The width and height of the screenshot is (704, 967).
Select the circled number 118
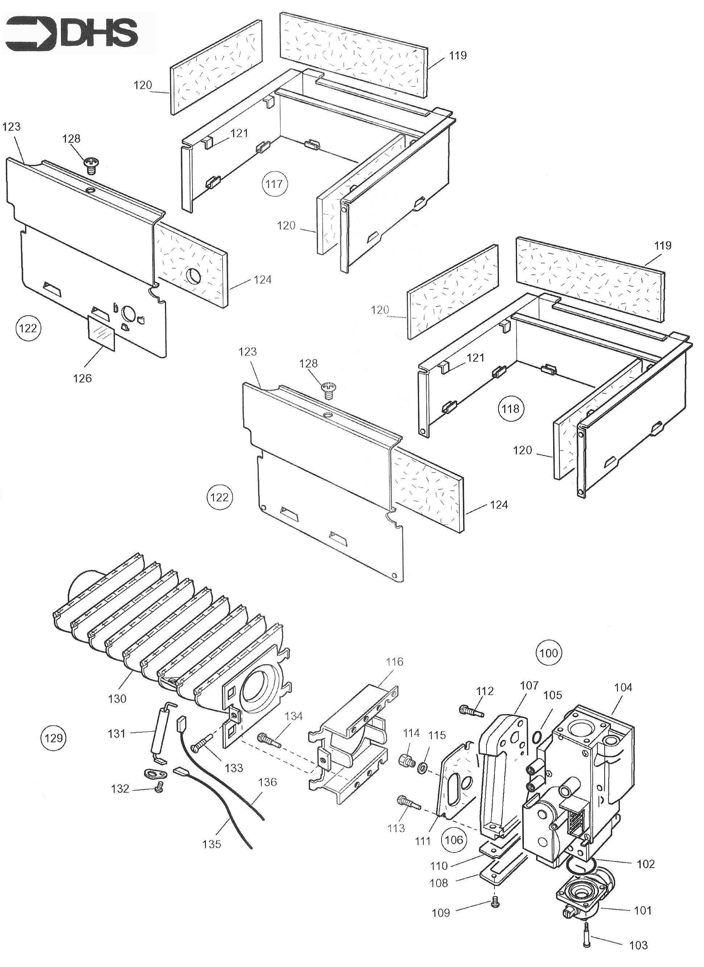point(511,409)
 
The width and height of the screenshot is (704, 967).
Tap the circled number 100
point(548,653)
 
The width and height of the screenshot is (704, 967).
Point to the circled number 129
point(54,738)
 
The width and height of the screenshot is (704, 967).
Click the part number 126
point(82,378)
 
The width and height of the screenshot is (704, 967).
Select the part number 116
point(394,662)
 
